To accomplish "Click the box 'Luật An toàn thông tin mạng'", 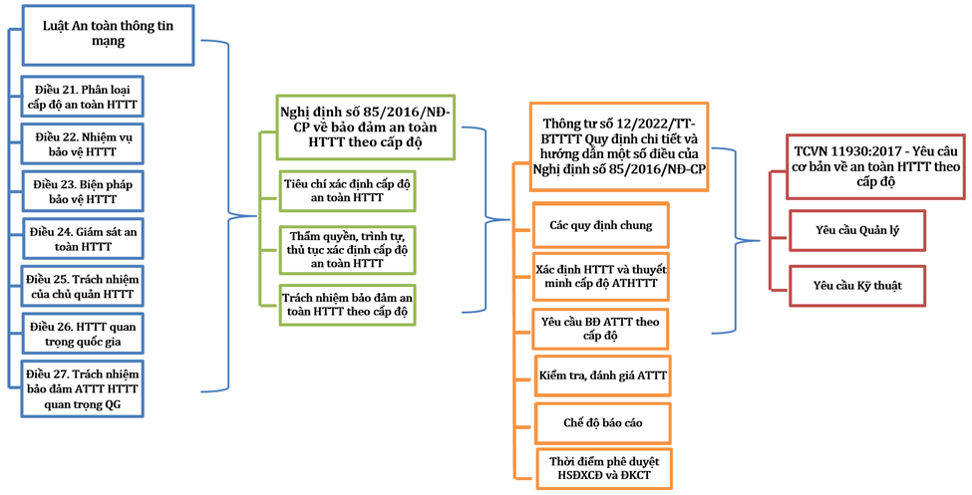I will (x=108, y=35).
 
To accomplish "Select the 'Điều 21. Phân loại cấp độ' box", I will (x=83, y=97).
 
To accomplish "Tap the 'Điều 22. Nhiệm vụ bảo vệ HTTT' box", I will (x=83, y=144).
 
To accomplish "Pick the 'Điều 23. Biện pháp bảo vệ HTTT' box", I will (x=83, y=192).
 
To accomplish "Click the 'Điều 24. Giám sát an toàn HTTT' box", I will (x=83, y=239).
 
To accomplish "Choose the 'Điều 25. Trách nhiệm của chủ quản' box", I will (x=83, y=287).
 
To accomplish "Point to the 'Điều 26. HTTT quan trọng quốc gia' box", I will (x=83, y=334).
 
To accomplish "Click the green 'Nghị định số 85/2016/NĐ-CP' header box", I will (x=365, y=127).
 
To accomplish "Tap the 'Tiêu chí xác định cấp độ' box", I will (x=347, y=190).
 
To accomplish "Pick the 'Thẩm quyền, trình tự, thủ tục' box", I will (x=347, y=250).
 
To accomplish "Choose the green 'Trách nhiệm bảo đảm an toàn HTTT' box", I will (x=347, y=304).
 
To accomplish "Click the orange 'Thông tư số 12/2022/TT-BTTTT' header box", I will (x=619, y=146).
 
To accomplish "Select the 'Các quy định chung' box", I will (x=601, y=225).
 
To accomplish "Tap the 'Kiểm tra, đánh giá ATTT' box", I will (x=603, y=375).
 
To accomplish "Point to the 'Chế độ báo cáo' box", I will (x=603, y=423).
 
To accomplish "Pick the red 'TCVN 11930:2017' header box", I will (x=875, y=166).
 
